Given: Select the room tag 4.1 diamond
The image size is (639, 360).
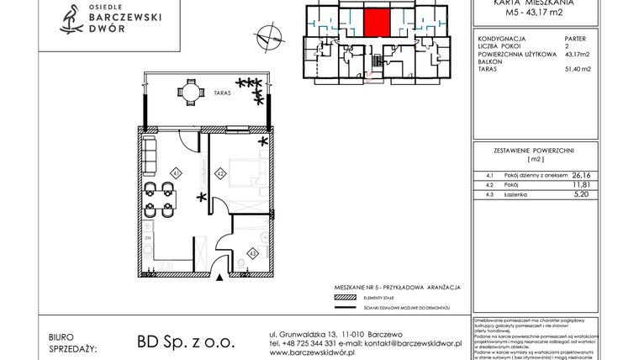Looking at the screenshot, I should click(176, 173).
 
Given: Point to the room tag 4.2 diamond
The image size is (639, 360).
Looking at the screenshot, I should click(219, 174).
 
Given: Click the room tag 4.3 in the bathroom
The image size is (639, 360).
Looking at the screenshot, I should click(251, 251).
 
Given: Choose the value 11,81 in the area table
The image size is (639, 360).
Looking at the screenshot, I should click(581, 183).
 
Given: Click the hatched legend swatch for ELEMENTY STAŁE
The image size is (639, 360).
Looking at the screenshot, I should click(344, 297).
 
